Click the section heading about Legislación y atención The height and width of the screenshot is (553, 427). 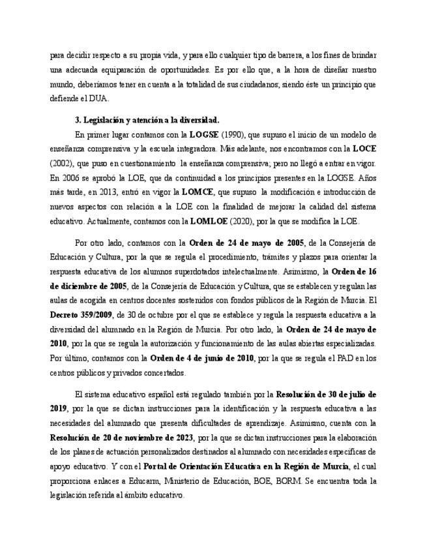pos(147,121)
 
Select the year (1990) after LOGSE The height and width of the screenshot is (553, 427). pos(232,134)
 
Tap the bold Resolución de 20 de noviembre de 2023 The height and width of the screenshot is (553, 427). pos(121,436)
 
